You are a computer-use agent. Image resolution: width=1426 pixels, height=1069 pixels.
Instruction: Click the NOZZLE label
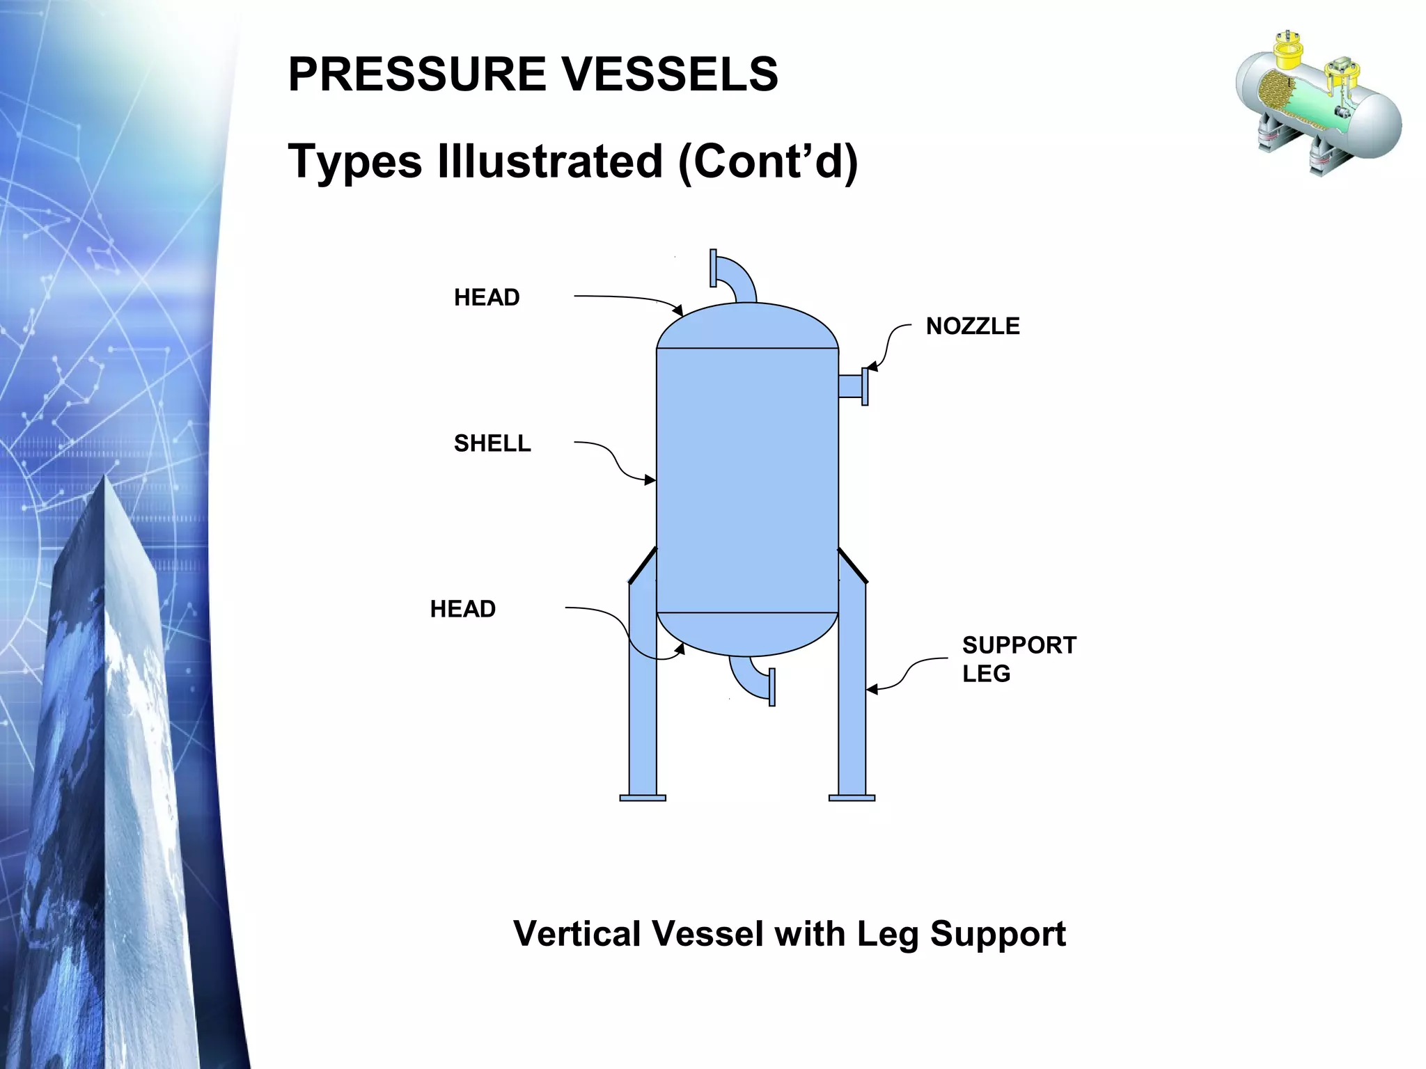tap(972, 326)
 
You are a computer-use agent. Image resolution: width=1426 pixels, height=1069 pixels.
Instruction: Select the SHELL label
tap(492, 443)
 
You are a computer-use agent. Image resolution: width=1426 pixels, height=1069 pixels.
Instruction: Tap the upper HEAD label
tap(486, 297)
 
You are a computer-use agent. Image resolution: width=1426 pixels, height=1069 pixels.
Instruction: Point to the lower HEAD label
tap(462, 609)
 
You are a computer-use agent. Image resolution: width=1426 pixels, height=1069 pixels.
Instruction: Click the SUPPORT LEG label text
tap(1018, 658)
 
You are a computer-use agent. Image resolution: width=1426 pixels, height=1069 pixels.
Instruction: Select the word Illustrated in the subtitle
tap(549, 161)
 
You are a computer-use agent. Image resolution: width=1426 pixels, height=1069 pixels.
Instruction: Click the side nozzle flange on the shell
tap(865, 386)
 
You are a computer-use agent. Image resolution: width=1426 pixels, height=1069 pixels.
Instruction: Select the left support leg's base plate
tap(642, 798)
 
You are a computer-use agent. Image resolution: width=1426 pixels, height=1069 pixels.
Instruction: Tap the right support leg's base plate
tap(852, 798)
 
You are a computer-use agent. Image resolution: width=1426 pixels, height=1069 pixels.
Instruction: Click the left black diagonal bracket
tap(643, 564)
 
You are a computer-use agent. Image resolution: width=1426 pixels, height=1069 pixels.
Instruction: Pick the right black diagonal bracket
tap(852, 564)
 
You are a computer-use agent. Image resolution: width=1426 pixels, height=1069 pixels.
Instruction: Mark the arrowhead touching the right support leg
tap(872, 690)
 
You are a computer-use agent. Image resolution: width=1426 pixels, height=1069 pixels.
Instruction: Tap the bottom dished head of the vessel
tap(747, 633)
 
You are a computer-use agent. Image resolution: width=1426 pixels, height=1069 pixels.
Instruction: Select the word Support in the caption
tap(997, 934)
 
